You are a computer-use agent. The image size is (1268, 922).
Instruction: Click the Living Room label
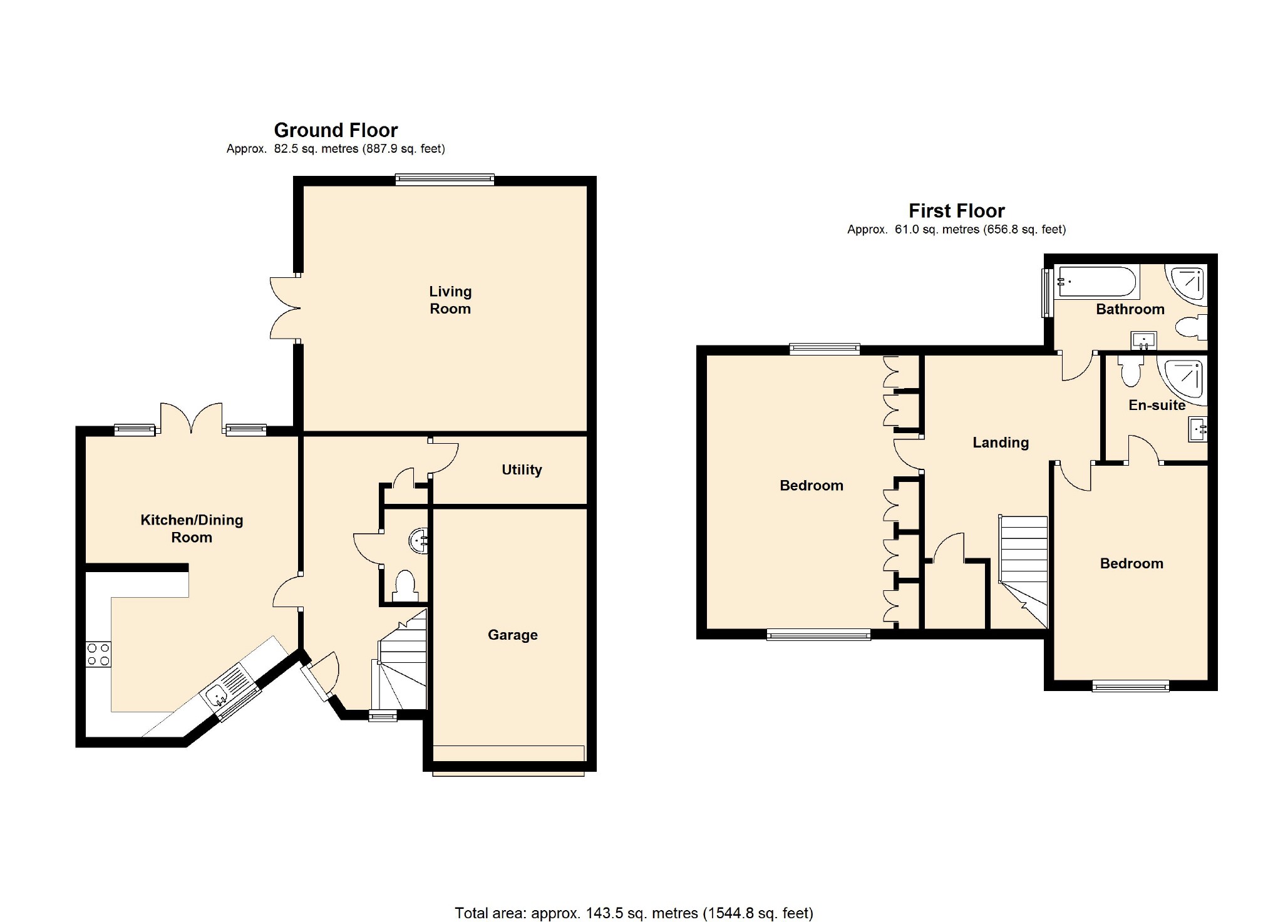[450, 300]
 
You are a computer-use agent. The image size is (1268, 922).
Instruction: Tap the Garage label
[512, 635]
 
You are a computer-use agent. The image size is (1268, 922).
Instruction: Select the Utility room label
[521, 469]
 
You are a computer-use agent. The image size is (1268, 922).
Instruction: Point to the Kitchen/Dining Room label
[192, 528]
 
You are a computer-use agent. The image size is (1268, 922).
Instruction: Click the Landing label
[1000, 443]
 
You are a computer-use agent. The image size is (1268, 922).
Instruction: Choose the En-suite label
[1157, 405]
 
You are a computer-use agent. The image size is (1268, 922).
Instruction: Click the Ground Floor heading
[336, 130]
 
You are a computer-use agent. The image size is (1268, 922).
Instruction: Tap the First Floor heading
[956, 210]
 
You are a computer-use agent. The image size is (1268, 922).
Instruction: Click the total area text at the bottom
[634, 913]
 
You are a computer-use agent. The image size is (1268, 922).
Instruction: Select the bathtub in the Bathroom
[1096, 282]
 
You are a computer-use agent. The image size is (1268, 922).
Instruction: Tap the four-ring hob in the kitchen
[98, 654]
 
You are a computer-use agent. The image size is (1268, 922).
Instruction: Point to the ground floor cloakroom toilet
[405, 586]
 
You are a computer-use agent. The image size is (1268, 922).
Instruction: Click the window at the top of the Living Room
[445, 180]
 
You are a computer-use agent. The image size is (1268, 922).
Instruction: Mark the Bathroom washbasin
[1143, 341]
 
